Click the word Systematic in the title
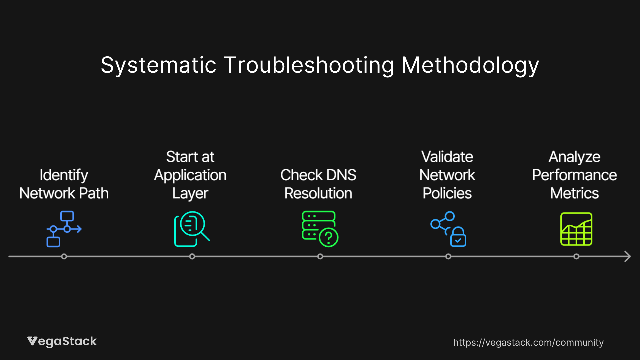159,65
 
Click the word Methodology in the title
470,65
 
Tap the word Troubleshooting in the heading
309,65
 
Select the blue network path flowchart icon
64,229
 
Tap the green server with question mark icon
320,229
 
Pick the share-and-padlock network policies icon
448,229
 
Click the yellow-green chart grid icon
576,229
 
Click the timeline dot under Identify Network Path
64,256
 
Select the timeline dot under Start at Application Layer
192,256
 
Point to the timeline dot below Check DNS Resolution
320,256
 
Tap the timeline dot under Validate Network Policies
448,256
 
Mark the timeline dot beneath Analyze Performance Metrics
576,256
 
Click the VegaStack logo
62,341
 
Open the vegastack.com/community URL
528,342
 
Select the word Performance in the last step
574,175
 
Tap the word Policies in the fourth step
447,193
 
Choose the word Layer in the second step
190,194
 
